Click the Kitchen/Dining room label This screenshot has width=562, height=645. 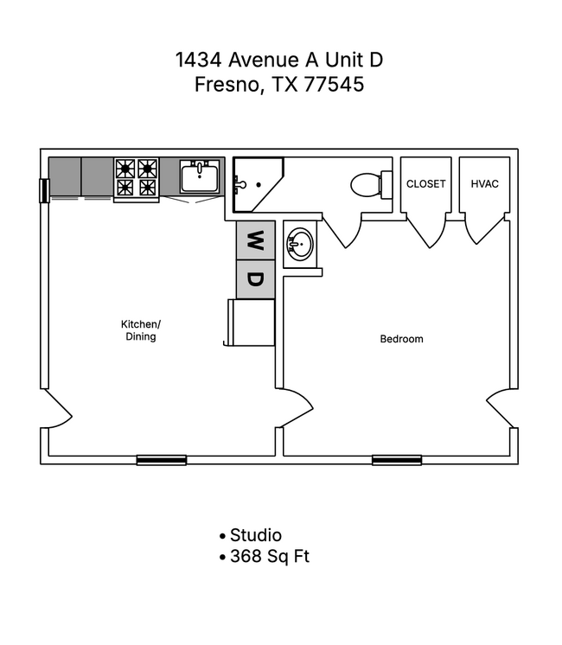click(140, 330)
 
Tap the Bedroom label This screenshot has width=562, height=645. click(402, 339)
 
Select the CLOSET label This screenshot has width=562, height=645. click(425, 184)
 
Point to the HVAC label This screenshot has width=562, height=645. click(484, 184)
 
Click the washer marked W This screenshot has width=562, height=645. click(255, 239)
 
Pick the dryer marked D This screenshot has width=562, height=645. click(255, 279)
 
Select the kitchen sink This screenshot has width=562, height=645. click(200, 177)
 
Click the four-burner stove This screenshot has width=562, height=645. click(137, 177)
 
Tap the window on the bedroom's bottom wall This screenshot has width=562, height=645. click(396, 460)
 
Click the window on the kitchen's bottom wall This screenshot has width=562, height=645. click(161, 460)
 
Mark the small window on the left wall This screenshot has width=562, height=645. click(44, 190)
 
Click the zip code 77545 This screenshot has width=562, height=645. click(333, 85)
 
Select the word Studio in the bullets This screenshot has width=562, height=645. click(256, 535)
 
